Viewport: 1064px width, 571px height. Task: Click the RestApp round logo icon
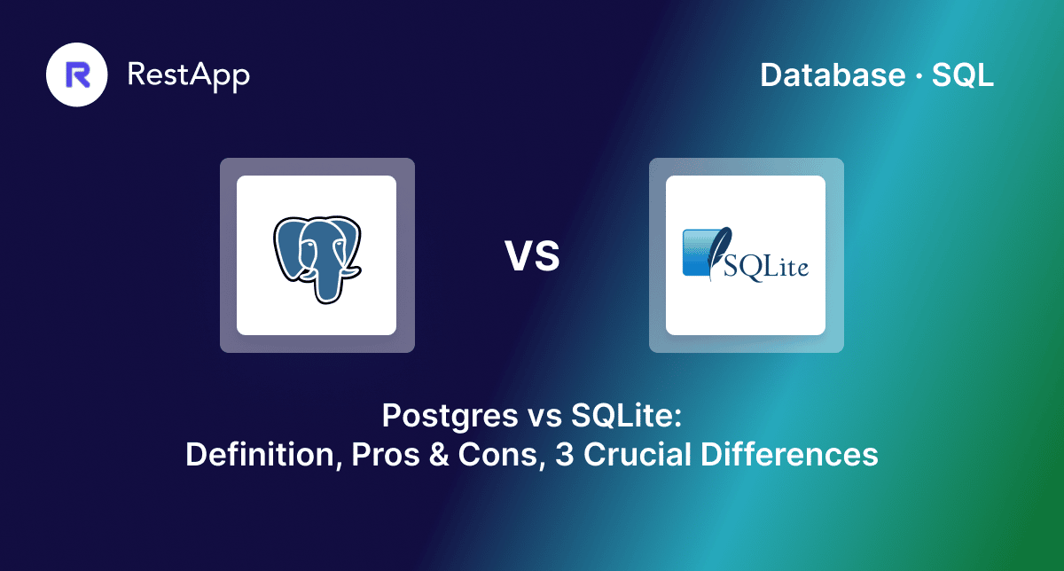77,74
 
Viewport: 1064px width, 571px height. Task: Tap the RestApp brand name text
189,74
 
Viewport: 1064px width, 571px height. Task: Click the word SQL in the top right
963,76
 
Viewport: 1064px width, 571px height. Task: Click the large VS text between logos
533,255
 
